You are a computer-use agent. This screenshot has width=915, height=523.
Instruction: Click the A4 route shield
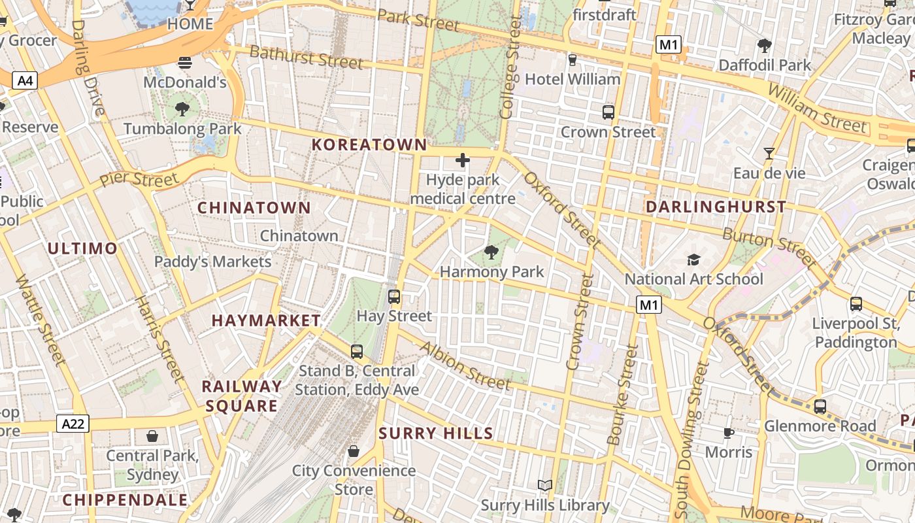[25, 81]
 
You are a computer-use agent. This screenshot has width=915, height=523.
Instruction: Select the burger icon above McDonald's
[185, 63]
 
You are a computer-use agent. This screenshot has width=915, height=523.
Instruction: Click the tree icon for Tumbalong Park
[182, 109]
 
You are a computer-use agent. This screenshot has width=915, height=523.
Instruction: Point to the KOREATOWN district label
[369, 144]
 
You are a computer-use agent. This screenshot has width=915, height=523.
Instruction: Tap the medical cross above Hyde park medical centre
[463, 160]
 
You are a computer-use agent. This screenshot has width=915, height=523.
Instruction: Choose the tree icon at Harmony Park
[491, 252]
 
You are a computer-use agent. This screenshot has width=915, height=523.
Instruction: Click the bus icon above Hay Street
[394, 297]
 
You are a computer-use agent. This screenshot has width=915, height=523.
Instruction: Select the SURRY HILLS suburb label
[436, 433]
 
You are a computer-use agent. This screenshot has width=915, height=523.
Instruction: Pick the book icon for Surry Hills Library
[545, 485]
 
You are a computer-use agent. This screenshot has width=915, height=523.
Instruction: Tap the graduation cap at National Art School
[693, 260]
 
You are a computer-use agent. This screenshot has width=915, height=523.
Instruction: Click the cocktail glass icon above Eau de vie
[769, 154]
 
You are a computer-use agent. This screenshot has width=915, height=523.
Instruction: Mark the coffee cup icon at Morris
[729, 433]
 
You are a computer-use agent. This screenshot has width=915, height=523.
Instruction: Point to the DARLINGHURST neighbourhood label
[716, 207]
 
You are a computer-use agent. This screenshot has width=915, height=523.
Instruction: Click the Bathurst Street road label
[306, 57]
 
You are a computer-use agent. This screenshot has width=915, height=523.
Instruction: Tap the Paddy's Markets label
[212, 261]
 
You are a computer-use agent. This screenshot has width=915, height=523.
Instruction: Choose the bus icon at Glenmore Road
[820, 407]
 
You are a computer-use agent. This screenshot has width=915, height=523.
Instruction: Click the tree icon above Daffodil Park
[764, 45]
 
